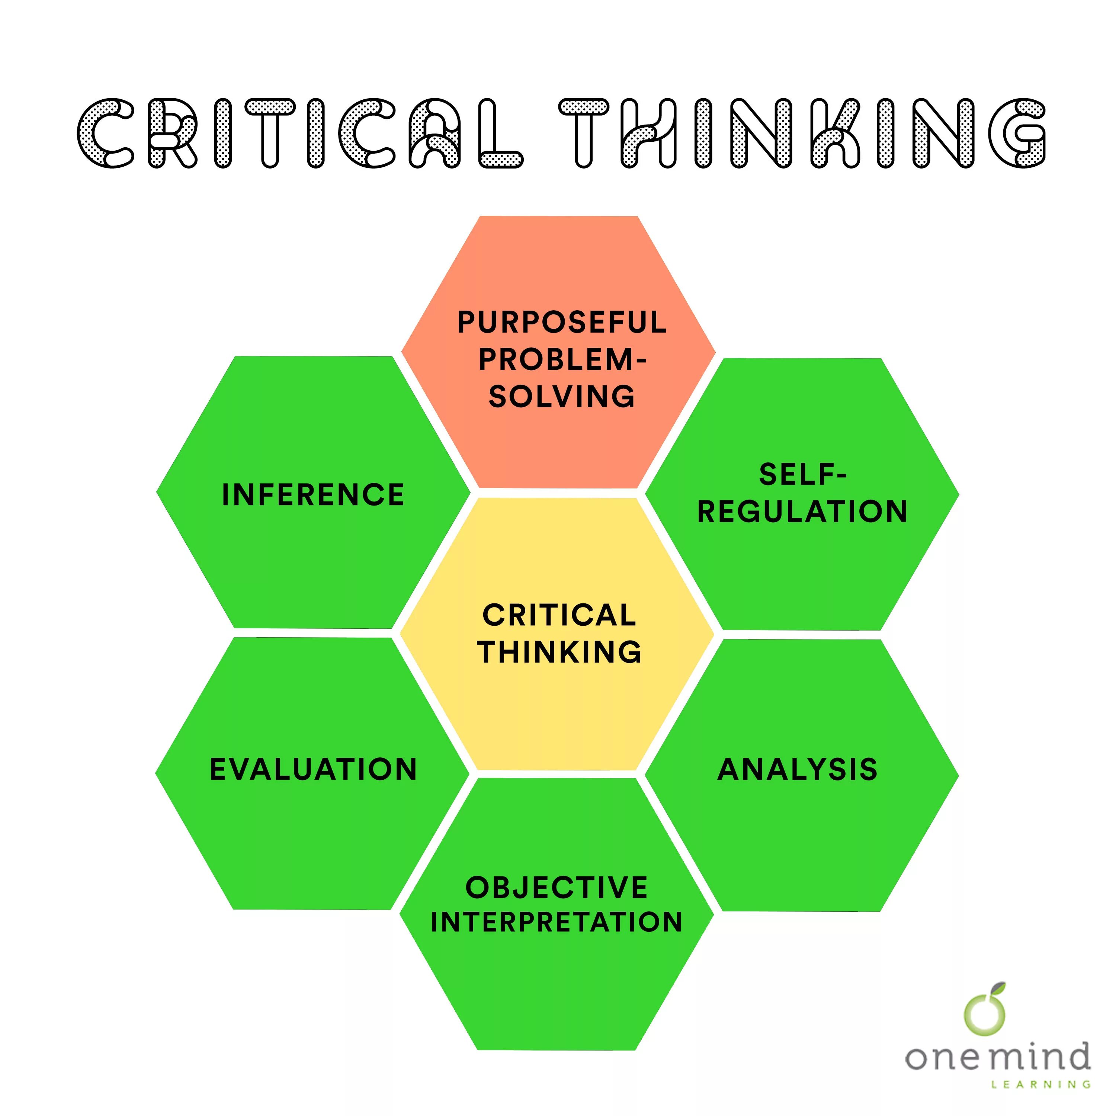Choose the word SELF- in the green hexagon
click(803, 475)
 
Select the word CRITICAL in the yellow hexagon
click(559, 615)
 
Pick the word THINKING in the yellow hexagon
click(559, 652)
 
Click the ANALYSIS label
click(798, 769)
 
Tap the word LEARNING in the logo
click(1041, 1085)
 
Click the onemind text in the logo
click(998, 1057)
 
